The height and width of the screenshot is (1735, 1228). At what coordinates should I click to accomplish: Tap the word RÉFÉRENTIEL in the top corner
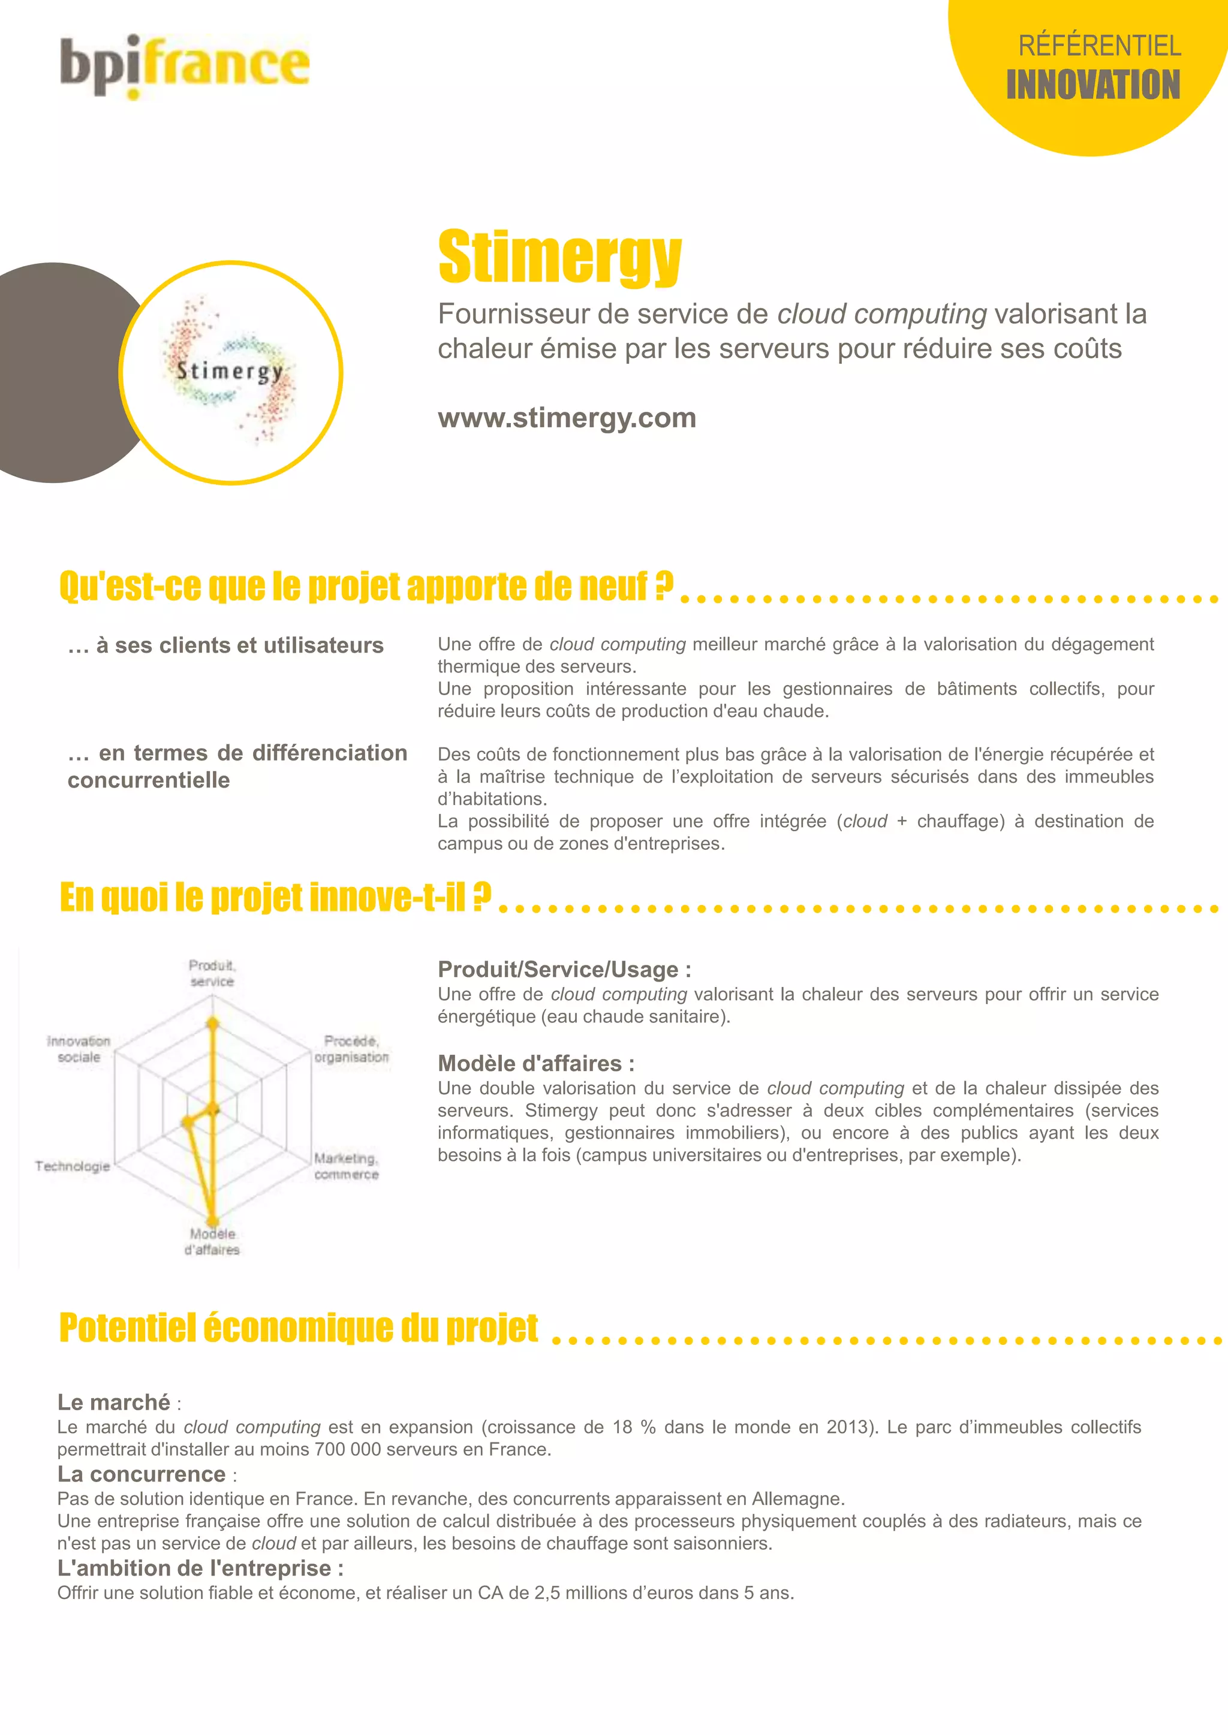[1100, 46]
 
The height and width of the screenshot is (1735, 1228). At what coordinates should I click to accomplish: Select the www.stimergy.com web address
[567, 418]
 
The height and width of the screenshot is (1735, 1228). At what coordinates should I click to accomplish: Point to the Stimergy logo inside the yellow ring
[230, 371]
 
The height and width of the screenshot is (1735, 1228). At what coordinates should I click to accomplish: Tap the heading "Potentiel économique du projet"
[299, 1327]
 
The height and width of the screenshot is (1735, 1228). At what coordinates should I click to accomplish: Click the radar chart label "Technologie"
[73, 1166]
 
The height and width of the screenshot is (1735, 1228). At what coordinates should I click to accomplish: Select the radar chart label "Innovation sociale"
[79, 1049]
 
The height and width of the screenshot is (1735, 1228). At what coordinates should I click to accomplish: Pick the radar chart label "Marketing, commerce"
[347, 1166]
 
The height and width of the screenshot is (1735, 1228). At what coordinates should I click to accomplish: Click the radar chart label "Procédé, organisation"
[351, 1049]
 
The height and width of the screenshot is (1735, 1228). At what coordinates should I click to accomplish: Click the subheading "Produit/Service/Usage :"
[564, 970]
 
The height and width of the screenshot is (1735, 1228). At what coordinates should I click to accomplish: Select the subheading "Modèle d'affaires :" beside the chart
[536, 1063]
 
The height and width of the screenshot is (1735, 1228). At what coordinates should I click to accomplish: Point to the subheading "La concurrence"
[142, 1474]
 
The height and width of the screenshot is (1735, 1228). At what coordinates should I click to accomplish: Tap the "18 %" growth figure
[634, 1427]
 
